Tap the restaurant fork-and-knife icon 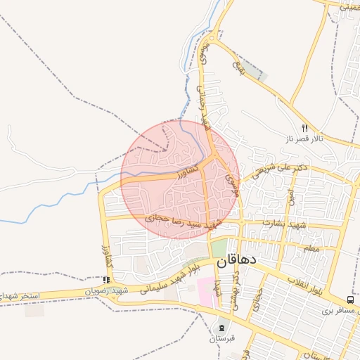click(x=304, y=129)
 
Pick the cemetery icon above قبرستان click(x=222, y=328)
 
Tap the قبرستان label click(x=222, y=338)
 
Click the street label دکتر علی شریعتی click(x=281, y=169)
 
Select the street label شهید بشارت click(x=281, y=223)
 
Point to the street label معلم click(x=311, y=248)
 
